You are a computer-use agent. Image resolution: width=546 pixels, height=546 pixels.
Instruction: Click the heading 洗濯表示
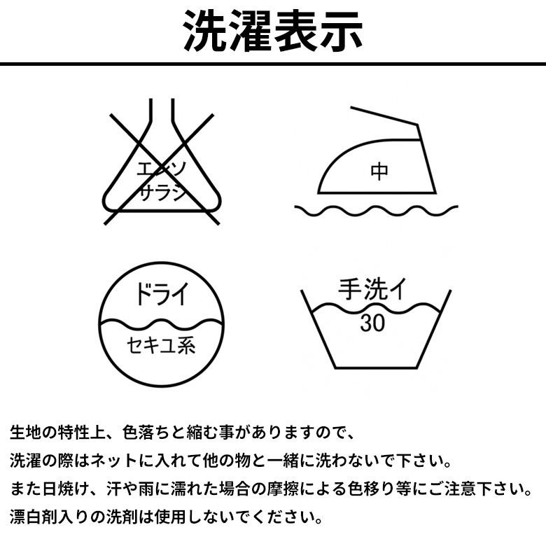tap(273, 31)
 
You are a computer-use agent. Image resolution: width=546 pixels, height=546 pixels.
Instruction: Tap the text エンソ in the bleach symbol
tap(161, 169)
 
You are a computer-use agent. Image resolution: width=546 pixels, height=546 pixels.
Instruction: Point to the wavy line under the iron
tap(376, 209)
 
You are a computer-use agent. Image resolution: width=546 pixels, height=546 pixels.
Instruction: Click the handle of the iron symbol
tap(385, 115)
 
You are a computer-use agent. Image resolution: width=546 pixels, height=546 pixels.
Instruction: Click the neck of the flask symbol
tap(161, 119)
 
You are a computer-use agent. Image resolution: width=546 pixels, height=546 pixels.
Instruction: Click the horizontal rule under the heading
tap(273, 64)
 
